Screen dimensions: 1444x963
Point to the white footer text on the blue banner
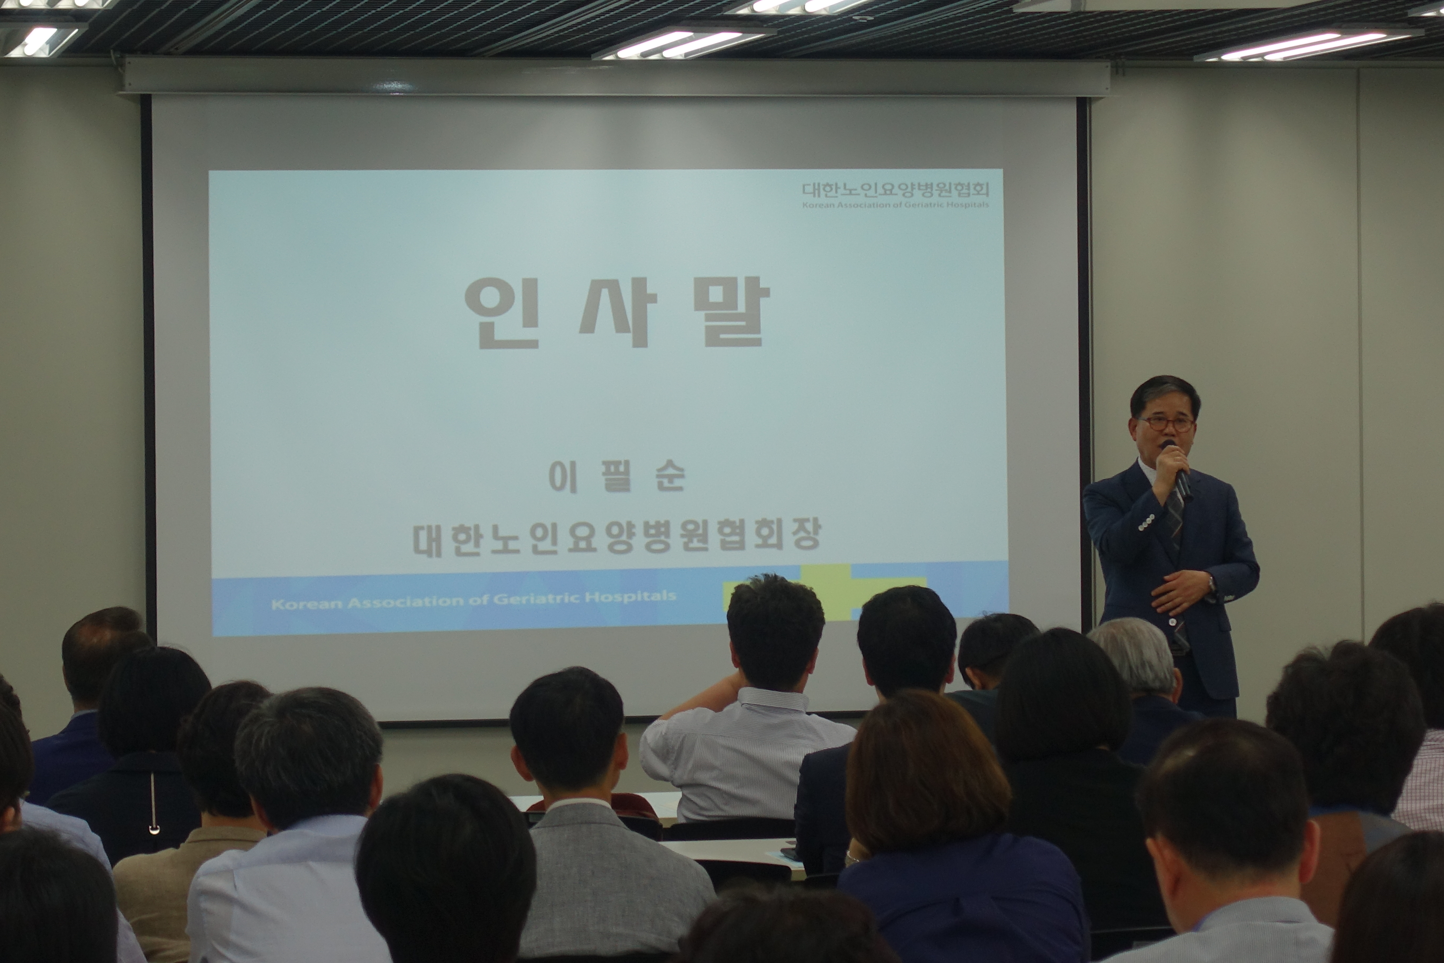point(473,599)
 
